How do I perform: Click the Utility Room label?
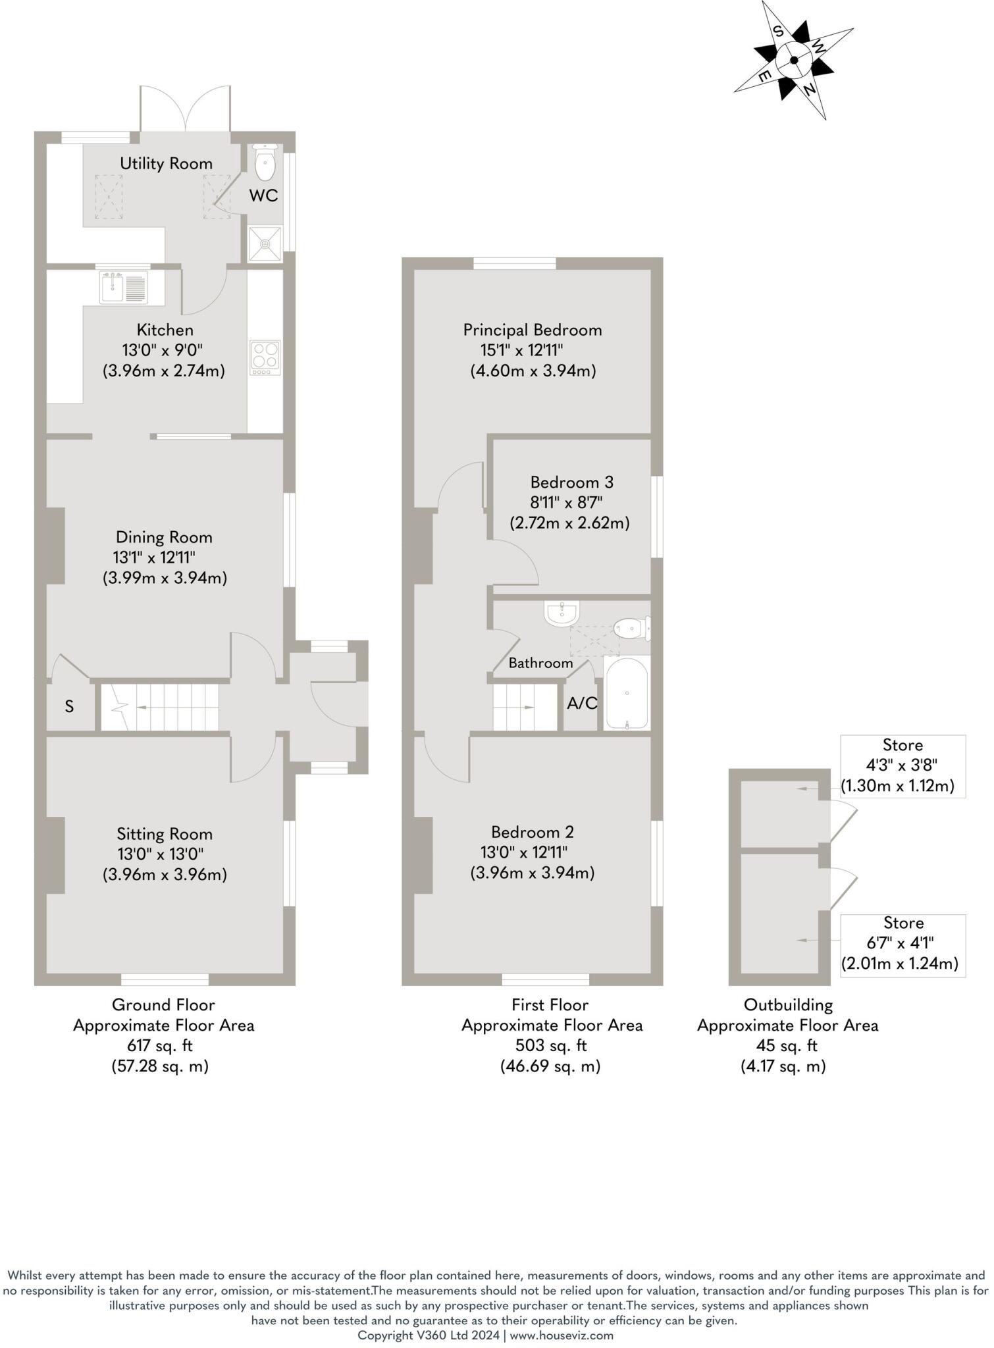(x=166, y=163)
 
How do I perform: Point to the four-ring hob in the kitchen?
(x=265, y=357)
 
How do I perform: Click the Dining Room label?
(x=164, y=537)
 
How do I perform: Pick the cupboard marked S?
(x=69, y=707)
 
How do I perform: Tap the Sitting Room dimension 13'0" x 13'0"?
(x=160, y=854)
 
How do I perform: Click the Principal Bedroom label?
(x=532, y=330)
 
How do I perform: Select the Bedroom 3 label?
(x=571, y=482)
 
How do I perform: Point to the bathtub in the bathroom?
(x=627, y=693)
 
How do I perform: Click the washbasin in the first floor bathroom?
(x=562, y=613)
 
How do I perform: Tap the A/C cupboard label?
(x=582, y=704)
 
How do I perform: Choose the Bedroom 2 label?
(x=532, y=832)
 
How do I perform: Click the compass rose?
(x=794, y=60)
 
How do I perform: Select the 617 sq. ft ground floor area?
(x=159, y=1045)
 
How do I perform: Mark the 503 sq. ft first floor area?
(x=550, y=1045)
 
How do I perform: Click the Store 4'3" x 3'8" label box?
(x=902, y=765)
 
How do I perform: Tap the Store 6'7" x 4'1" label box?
(x=902, y=944)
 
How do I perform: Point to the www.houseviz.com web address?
(x=562, y=1335)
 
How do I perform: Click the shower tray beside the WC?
(x=265, y=244)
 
